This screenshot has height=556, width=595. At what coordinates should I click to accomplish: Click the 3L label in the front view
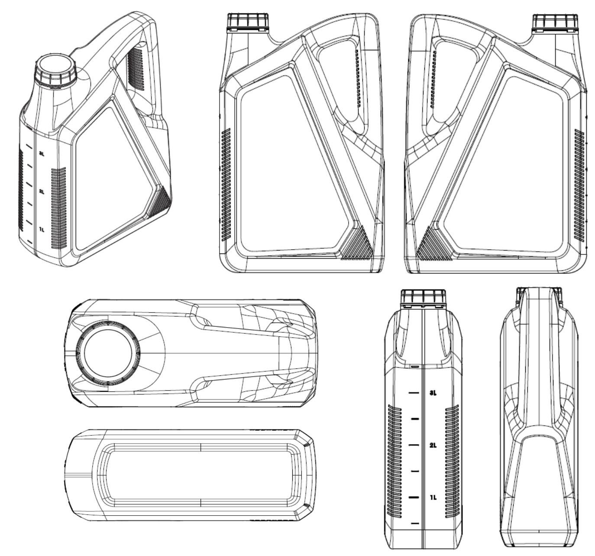[433, 393]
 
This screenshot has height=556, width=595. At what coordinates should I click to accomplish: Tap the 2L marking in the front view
[433, 445]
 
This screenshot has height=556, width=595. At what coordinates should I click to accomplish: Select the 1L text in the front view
[433, 497]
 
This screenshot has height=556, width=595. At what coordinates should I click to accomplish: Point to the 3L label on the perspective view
[42, 154]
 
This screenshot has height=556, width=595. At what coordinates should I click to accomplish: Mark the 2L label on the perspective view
[42, 192]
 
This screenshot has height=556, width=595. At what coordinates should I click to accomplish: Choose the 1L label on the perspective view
[42, 229]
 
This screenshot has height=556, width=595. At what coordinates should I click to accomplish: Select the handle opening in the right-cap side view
[450, 82]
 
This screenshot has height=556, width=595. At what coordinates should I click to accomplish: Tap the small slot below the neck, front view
[415, 366]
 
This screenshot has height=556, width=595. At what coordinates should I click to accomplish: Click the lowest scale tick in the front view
[415, 523]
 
